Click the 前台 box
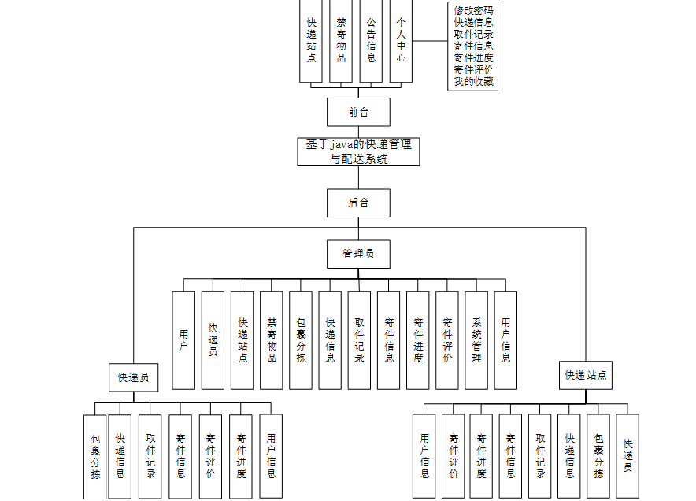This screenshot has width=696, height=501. point(358,112)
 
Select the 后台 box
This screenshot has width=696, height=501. point(358,202)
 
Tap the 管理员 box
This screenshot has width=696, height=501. point(358,254)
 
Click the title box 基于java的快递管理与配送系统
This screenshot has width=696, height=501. point(358,151)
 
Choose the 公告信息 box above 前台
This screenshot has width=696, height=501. point(371,41)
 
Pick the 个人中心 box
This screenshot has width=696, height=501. point(401,41)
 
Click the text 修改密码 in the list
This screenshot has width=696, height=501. point(473,10)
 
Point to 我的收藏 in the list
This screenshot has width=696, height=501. point(473,81)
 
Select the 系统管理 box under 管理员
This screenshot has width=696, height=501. point(476,340)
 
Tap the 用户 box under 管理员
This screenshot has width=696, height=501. point(183,340)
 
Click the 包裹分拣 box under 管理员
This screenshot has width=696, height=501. point(301,340)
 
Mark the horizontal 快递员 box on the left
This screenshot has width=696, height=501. point(133,377)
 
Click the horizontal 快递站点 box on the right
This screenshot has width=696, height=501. point(586,375)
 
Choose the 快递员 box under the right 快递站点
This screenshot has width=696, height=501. point(628,455)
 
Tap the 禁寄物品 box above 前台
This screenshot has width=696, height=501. point(341,41)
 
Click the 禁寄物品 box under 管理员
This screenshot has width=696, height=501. point(272,340)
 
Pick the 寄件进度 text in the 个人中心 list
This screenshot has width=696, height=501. point(473,58)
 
